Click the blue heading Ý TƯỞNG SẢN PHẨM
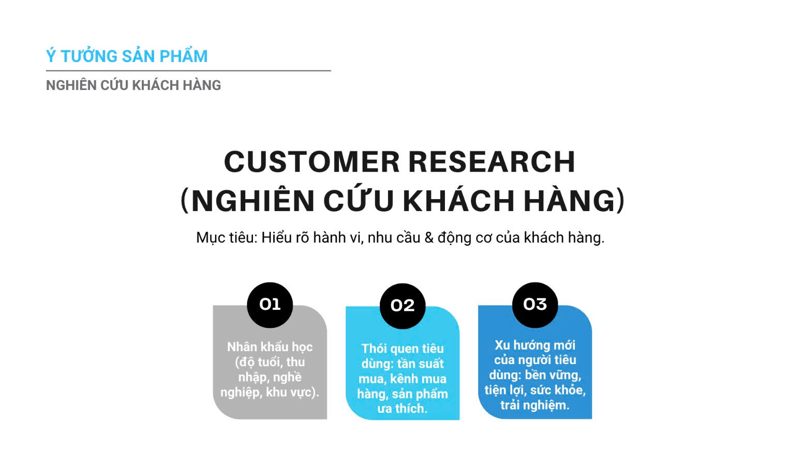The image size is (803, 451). pos(127,55)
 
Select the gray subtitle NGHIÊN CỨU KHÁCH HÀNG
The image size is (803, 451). pos(133,85)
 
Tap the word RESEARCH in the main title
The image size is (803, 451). pos(492,161)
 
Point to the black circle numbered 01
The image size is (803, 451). pos(270,305)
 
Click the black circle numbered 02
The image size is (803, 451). pos(403,306)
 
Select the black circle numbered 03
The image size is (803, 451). pos(535,305)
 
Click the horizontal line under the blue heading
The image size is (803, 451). pos(188,70)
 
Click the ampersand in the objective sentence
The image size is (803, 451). pos(429,238)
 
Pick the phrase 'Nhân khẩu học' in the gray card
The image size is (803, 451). pos(270,347)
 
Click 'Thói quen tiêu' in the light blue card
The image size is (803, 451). pos(403,349)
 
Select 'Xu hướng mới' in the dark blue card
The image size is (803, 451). pos(535,345)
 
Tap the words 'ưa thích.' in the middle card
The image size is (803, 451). pos(402,409)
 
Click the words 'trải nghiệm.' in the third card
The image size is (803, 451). pos(535,405)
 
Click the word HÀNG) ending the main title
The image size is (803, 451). pos(574,201)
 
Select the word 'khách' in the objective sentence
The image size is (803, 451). pos(544,238)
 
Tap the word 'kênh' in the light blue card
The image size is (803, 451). pos(404,379)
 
